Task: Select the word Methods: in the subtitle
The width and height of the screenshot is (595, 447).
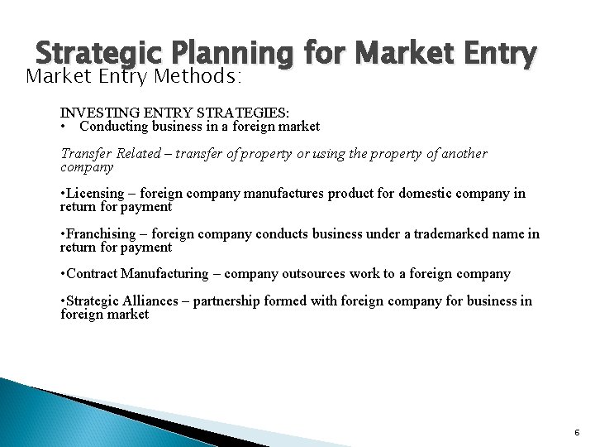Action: pos(202,77)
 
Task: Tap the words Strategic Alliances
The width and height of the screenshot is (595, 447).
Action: pos(126,301)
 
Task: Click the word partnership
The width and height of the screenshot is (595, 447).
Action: pos(226,301)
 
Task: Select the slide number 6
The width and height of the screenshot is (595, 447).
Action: pos(577,432)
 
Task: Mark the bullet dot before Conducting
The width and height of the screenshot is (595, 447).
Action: pos(64,127)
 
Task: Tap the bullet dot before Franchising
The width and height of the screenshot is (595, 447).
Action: pos(64,234)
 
